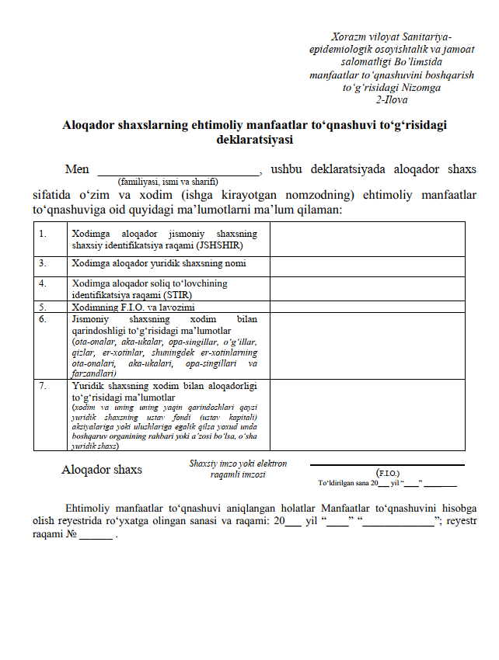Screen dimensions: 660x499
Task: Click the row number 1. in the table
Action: click(44, 233)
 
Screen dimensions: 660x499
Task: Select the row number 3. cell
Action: click(44, 263)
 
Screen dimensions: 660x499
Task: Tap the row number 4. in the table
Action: click(44, 283)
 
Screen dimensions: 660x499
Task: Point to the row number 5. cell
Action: click(44, 307)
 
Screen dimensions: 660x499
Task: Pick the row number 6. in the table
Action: click(44, 318)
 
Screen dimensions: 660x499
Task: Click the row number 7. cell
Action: click(44, 384)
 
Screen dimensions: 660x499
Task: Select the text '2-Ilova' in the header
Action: click(392, 100)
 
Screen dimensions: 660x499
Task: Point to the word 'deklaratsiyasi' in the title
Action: click(254, 140)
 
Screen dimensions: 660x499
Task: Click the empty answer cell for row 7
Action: click(367, 415)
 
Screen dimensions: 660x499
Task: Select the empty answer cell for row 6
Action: click(367, 346)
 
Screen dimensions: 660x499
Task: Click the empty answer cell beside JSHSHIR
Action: click(367, 238)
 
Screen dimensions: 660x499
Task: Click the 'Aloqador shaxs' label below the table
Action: click(102, 470)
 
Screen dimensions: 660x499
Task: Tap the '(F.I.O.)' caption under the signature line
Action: click(387, 472)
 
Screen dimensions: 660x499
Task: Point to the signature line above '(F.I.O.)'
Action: click(387, 465)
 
